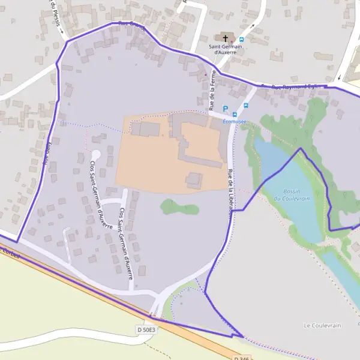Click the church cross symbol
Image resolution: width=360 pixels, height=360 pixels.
226,37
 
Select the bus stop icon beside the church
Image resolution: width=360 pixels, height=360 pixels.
241,40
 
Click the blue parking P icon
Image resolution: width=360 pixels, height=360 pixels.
226,109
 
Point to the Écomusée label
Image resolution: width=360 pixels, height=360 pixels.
235,122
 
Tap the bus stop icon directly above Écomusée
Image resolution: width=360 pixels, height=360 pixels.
235,114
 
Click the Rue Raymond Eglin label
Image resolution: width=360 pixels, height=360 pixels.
297,87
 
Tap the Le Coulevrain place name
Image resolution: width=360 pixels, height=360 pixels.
322,325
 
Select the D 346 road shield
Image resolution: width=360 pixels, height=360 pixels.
240,356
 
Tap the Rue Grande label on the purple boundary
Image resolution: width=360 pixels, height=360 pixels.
132,25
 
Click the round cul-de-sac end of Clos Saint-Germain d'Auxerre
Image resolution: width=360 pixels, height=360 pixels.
96,155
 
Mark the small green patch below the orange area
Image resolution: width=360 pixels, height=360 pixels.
179,208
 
